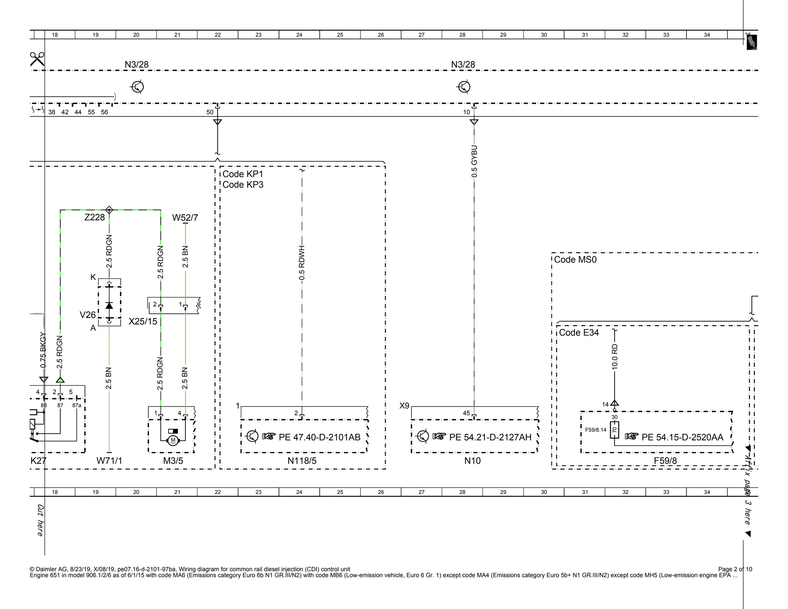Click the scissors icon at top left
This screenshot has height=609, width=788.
pos(37,59)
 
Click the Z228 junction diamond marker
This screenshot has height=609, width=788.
pos(109,210)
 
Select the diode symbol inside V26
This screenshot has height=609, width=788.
pos(109,305)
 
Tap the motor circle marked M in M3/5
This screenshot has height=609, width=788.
pos(173,440)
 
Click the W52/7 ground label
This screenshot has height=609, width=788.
pos(185,217)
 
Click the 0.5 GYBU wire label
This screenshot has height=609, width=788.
pos(474,161)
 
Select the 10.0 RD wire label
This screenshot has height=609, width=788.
pos(614,356)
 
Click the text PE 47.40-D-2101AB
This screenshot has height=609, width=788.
pos(319,437)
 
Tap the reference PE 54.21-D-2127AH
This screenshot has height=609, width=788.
pos(490,437)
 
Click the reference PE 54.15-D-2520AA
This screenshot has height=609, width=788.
pos(682,437)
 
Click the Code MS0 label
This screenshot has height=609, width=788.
pos(575,259)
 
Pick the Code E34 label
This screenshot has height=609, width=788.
pos(579,332)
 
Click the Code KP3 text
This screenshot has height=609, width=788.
pos(243,184)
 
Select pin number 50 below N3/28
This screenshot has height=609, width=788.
pos(210,112)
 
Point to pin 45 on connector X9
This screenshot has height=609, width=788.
pos(466,413)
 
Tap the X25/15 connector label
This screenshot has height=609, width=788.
pos(143,321)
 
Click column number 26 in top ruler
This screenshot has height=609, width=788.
pos(381,35)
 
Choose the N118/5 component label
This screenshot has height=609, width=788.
pos(302,460)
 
